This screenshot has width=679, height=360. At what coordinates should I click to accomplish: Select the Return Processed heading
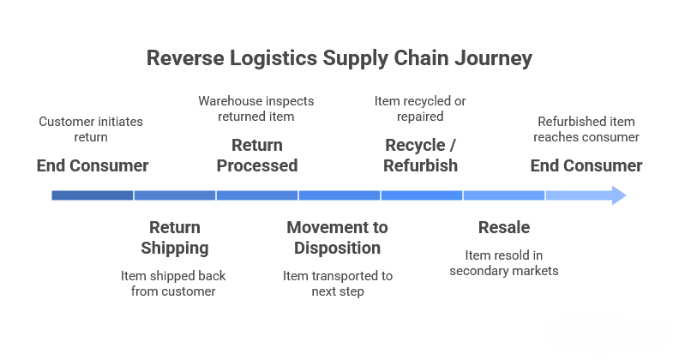[257, 155]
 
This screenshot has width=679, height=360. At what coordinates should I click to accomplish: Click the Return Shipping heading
[175, 237]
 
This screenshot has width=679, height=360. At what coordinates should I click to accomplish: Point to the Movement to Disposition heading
[337, 237]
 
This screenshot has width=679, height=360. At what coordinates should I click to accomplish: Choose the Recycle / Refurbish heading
[420, 155]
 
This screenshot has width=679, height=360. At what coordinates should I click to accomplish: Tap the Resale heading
[503, 227]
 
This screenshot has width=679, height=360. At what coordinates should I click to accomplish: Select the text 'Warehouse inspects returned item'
[256, 108]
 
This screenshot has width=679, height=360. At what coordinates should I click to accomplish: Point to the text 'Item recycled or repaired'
[420, 108]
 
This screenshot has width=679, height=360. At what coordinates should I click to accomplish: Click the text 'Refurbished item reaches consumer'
[586, 129]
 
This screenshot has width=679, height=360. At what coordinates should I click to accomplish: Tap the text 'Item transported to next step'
[337, 284]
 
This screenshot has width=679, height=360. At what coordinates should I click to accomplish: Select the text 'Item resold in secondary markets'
[503, 263]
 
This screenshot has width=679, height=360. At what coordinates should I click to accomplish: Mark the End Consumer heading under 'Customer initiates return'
[93, 165]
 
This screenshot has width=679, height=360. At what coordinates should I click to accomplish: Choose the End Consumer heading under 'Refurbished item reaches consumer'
[586, 165]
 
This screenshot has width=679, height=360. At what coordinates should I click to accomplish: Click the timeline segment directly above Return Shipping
[175, 195]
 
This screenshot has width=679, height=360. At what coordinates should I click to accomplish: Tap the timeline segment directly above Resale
[503, 195]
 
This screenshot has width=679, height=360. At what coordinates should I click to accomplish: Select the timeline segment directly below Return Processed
[257, 195]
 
